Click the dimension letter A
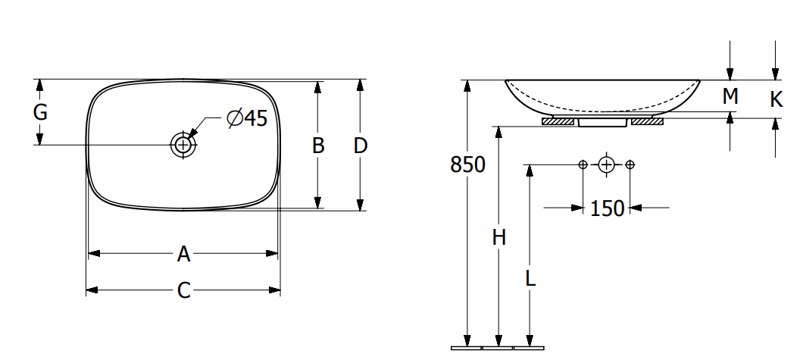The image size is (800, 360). tap(183, 254)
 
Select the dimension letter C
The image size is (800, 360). tap(183, 290)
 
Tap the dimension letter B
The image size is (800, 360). tap(318, 146)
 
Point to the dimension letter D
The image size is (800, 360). tap(361, 146)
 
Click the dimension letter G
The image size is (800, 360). tap(40, 113)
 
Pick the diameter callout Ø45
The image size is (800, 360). tap(247, 118)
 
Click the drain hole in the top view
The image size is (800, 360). tap(183, 144)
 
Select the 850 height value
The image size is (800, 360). tap(467, 164)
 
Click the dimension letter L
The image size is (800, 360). tap(530, 278)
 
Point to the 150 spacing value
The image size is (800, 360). tap(607, 208)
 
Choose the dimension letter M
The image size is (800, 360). tap(730, 96)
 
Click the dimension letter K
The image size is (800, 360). tap(776, 99)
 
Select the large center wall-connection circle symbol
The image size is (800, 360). tap(606, 164)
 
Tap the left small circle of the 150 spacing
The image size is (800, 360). tap(583, 164)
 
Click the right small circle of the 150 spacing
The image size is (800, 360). tap(630, 164)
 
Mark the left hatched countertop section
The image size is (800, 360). tap(558, 121)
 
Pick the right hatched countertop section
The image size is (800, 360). tap(647, 121)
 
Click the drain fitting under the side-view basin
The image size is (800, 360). tap(602, 122)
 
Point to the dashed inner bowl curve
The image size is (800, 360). tap(602, 108)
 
